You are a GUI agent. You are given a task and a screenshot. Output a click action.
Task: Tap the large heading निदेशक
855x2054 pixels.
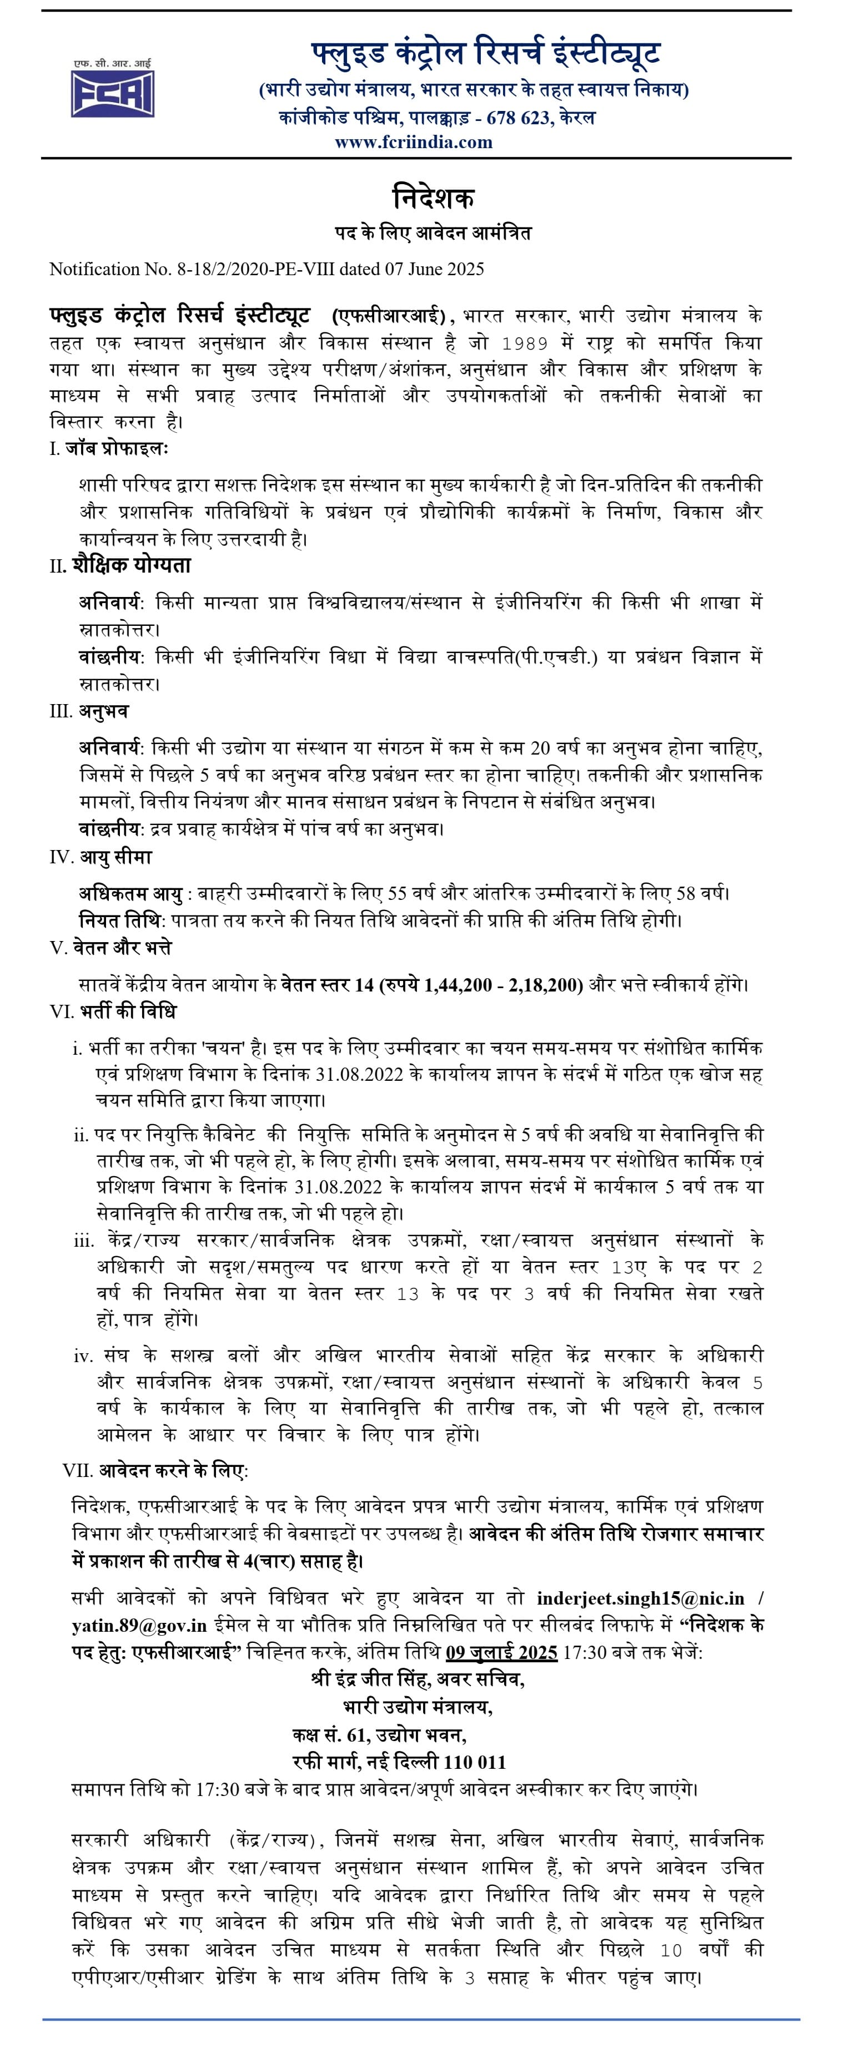(433, 197)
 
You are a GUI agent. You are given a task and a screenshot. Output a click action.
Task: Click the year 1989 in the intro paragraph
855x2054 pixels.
(524, 343)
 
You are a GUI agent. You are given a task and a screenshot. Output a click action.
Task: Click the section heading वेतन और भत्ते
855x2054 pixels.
(121, 948)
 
